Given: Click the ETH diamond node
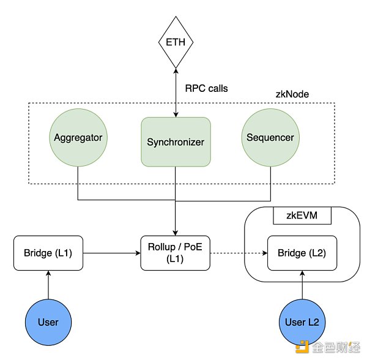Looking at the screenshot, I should tap(176, 43).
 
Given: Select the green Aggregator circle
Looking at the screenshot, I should tap(78, 138).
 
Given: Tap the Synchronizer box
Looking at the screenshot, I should tap(176, 142).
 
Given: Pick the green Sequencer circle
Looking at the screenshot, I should tap(270, 138).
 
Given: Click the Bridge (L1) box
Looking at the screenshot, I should tap(48, 252).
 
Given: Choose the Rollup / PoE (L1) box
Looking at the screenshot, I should tap(176, 252).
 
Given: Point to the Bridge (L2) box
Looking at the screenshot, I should tap(302, 252).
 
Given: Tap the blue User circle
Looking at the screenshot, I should tap(48, 321).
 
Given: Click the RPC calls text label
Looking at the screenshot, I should tap(206, 88).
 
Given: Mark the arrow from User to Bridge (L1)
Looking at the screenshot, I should tap(48, 284).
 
